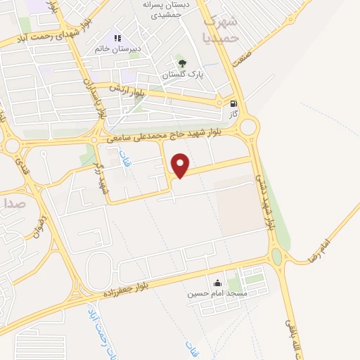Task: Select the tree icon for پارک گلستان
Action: pyautogui.click(x=183, y=61)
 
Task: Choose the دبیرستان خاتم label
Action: pyautogui.click(x=119, y=49)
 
